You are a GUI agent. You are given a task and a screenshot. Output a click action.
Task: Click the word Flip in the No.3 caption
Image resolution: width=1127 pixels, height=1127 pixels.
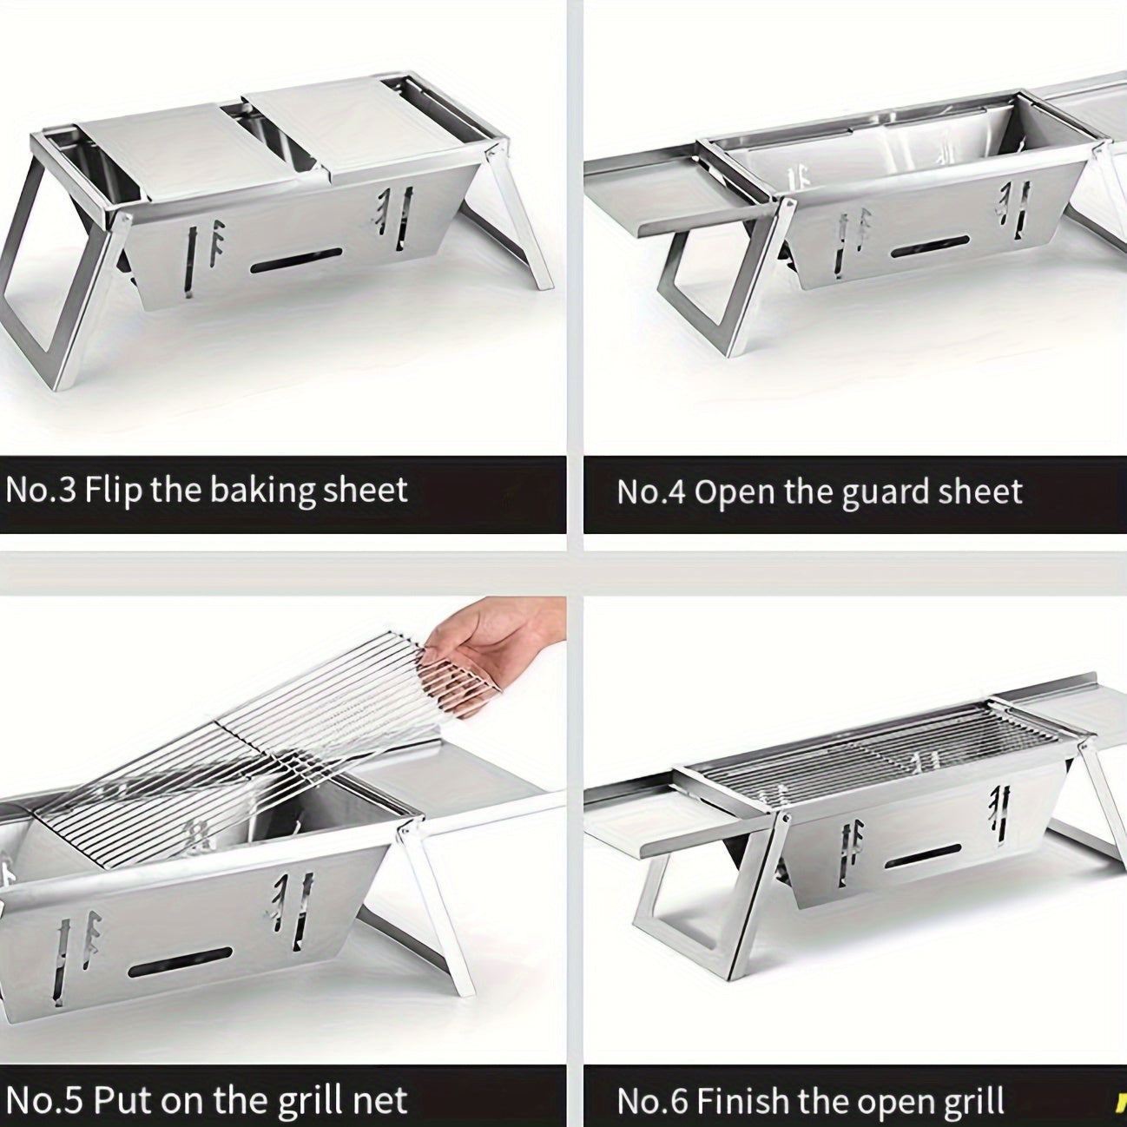(x=114, y=490)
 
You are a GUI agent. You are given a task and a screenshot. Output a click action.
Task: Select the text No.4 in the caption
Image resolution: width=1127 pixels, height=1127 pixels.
(x=650, y=491)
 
